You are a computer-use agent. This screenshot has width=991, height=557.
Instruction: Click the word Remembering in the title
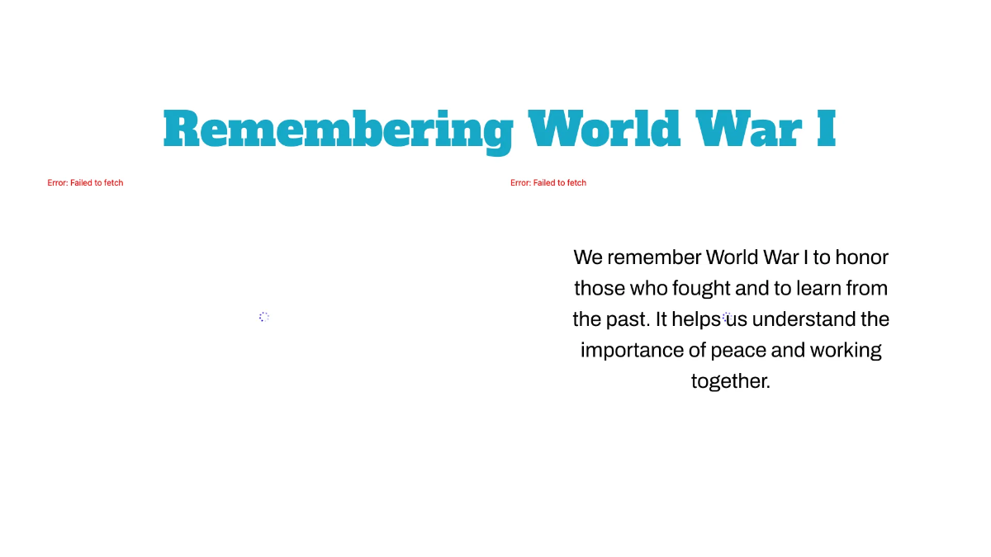[x=338, y=130]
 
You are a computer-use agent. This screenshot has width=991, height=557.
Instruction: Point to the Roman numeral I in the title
[x=826, y=130]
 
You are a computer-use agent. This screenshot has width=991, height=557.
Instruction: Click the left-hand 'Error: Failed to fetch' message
[x=85, y=183]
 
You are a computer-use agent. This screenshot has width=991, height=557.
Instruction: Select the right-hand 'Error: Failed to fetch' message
[x=548, y=183]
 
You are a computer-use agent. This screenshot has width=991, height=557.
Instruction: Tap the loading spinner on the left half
[x=264, y=317]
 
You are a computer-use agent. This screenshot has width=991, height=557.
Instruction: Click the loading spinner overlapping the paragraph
[x=727, y=317]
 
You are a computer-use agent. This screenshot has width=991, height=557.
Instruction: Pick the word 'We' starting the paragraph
[x=588, y=257]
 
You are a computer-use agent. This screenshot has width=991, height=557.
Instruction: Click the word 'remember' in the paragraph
[x=654, y=257]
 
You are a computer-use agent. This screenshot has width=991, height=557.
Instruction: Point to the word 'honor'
[x=861, y=257]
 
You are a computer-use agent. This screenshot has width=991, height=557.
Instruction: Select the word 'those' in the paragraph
[x=600, y=289]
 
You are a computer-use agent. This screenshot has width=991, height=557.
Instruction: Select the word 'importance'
[x=631, y=351]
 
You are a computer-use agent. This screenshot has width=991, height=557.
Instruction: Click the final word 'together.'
[x=730, y=381]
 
